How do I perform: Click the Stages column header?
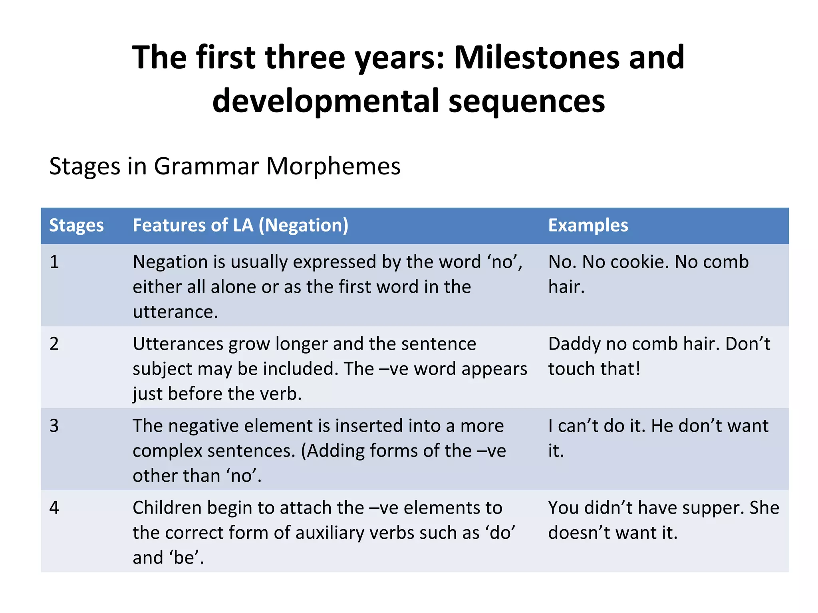76,225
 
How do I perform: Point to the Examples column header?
588,225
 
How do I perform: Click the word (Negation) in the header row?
304,225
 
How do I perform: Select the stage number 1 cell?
54,262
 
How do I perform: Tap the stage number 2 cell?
54,344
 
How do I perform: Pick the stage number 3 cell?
54,426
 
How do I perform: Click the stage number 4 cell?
54,508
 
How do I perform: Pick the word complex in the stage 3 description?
168,451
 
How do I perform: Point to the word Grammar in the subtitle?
206,166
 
